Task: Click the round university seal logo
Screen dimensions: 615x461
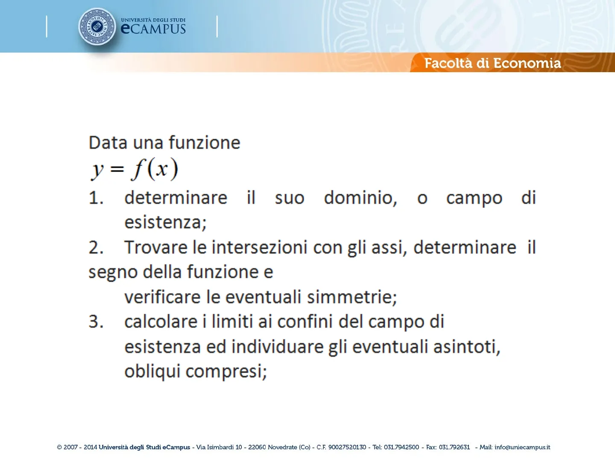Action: [97, 26]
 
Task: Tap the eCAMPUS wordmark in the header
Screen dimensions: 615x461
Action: [153, 29]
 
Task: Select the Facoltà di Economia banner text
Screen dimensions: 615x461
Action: [492, 63]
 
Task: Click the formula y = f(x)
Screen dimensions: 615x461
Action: [134, 169]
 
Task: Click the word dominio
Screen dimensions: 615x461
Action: [360, 198]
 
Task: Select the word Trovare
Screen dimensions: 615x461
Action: [156, 248]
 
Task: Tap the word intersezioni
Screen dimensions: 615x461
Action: [259, 248]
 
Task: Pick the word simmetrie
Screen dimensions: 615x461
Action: [352, 297]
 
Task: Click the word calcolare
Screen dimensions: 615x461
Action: [161, 321]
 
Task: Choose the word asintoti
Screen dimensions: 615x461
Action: [467, 347]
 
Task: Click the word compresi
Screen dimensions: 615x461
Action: [226, 372]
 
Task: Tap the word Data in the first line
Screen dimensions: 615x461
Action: [108, 143]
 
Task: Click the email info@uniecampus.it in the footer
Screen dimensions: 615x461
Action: [522, 447]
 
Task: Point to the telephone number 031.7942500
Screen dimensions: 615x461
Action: [401, 447]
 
